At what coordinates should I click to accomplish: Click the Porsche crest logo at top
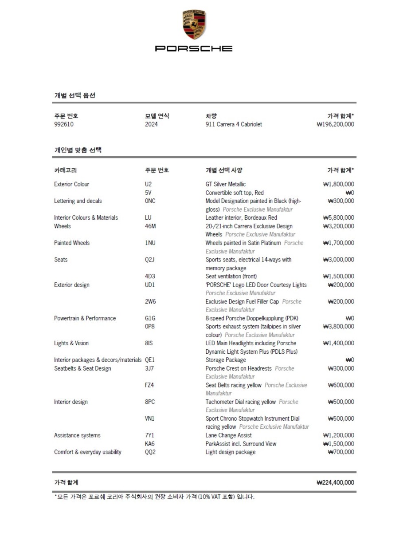[x=194, y=24]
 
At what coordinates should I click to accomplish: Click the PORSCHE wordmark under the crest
[x=194, y=48]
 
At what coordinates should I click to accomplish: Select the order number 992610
[x=64, y=124]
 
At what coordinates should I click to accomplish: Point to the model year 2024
[x=151, y=124]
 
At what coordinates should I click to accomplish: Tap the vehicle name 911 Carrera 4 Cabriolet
[x=234, y=124]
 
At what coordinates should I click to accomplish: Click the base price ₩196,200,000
[x=335, y=124]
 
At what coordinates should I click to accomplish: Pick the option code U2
[x=149, y=184]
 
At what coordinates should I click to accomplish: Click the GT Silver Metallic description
[x=225, y=184]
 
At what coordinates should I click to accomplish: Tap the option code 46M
[x=150, y=226]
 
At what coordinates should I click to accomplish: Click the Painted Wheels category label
[x=72, y=243]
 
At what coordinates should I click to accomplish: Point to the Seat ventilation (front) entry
[x=231, y=276]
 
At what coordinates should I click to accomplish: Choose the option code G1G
[x=150, y=318]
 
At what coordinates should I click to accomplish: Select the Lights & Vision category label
[x=71, y=343]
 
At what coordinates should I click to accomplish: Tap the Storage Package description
[x=226, y=360]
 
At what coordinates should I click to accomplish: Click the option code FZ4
[x=149, y=385]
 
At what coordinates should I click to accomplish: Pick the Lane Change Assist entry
[x=228, y=435]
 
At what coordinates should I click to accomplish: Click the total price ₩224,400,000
[x=335, y=482]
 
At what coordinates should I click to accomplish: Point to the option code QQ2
[x=150, y=452]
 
